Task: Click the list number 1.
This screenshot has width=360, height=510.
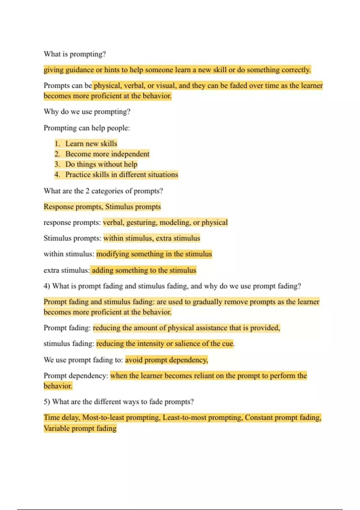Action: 57,144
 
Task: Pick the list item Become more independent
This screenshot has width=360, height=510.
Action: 107,154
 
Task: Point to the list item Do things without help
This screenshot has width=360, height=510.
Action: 101,164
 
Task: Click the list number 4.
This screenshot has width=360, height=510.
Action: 57,175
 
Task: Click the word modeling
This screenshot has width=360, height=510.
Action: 175,223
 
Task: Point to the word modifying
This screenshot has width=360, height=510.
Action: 112,254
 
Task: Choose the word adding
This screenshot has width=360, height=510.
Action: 102,270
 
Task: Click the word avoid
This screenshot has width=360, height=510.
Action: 134,360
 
